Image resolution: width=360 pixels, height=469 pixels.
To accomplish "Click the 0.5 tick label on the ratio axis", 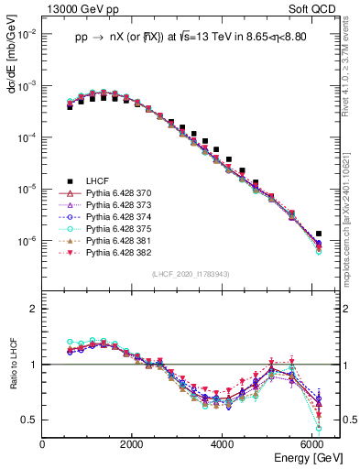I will [x=29, y=420].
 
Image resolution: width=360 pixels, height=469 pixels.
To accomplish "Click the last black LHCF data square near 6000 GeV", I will [x=318, y=234].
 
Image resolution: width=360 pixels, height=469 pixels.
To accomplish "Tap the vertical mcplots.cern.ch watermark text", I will [x=352, y=220].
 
